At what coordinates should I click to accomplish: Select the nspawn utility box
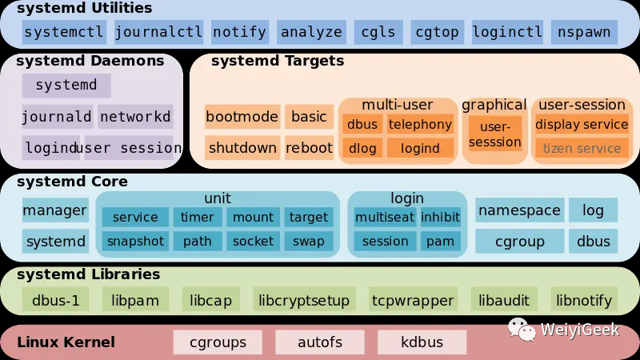click(584, 32)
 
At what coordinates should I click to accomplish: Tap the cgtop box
click(437, 32)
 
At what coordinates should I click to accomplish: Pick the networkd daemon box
click(135, 117)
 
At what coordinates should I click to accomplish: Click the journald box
click(57, 117)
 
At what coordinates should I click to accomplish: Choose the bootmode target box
click(242, 117)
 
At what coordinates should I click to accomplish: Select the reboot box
click(309, 148)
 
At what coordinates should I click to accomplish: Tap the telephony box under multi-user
click(420, 124)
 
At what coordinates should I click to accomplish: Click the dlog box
click(362, 148)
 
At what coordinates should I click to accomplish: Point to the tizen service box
click(582, 148)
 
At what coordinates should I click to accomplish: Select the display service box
click(582, 124)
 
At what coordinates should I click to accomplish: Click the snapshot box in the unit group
click(135, 241)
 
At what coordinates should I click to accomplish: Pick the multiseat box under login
click(384, 217)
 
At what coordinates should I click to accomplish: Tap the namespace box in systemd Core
click(519, 210)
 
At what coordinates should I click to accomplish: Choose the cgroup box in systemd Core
click(519, 241)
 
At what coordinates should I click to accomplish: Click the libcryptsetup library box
click(304, 301)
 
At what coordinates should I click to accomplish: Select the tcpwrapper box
click(412, 301)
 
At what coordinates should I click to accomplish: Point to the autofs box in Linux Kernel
click(320, 342)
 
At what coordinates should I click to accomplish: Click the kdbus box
click(422, 342)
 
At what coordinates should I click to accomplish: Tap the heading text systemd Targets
click(277, 61)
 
